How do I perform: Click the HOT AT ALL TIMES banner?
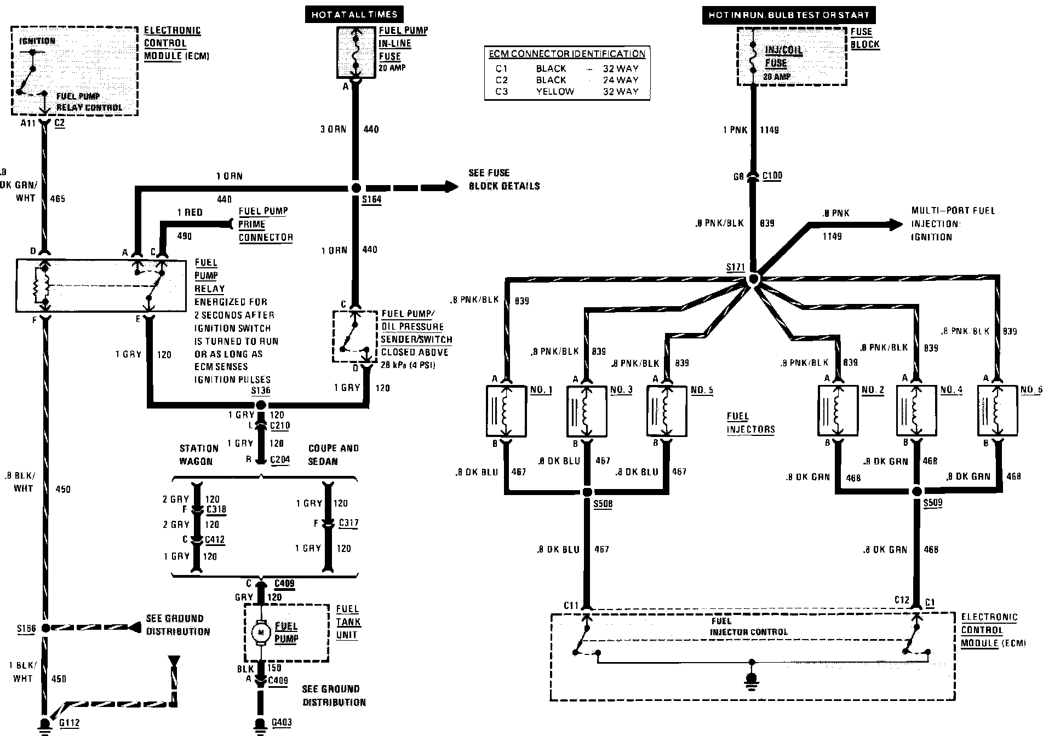point(354,15)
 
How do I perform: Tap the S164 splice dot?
point(356,188)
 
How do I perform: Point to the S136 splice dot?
point(261,405)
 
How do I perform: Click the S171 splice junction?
point(753,279)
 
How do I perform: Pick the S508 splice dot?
point(587,491)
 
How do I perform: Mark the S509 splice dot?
point(917,491)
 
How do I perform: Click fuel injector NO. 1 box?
point(506,411)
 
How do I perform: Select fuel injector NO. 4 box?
point(916,411)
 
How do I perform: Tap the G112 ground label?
point(70,723)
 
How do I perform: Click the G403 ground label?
point(282,723)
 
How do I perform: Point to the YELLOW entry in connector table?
point(555,91)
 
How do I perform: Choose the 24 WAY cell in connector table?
point(620,80)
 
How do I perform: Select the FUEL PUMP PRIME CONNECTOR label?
point(265,224)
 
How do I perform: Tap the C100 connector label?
point(772,176)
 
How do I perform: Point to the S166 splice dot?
point(45,628)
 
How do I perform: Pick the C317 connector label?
point(348,523)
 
